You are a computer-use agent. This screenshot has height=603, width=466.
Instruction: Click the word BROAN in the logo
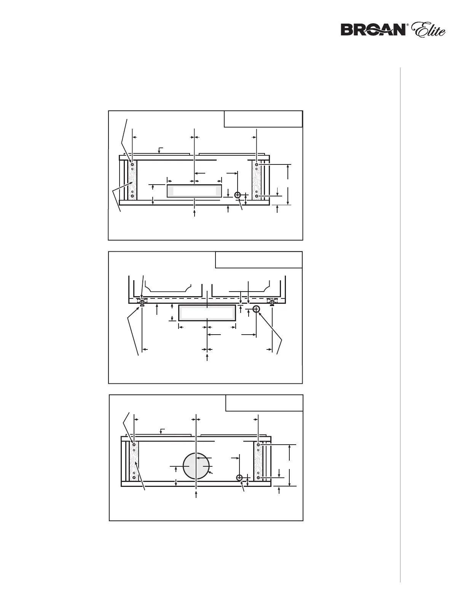click(373, 30)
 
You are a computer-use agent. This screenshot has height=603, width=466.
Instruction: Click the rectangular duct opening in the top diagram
click(194, 191)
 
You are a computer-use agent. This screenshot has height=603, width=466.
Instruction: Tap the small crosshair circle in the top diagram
click(238, 195)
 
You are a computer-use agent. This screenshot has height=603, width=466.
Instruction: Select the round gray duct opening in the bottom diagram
click(196, 466)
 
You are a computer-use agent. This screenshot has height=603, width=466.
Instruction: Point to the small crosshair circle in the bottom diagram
click(239, 478)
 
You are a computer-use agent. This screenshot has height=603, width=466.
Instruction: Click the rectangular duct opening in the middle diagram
click(207, 313)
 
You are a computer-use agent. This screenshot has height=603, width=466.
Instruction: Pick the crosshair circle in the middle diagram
click(256, 309)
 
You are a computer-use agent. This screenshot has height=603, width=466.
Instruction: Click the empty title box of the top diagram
click(263, 119)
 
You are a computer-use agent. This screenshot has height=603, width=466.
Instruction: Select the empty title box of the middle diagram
click(259, 260)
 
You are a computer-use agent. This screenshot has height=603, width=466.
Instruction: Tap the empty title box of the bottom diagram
click(264, 403)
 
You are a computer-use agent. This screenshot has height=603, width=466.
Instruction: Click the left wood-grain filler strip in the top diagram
click(132, 180)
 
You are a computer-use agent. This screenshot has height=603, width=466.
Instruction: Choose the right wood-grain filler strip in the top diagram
click(257, 180)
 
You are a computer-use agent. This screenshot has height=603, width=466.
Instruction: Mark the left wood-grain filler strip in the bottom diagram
click(134, 461)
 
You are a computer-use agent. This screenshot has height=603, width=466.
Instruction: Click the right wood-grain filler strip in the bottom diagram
click(259, 461)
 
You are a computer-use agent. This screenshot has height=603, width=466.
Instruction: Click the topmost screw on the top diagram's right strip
click(257, 164)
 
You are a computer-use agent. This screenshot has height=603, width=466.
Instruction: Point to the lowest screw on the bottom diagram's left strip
click(134, 477)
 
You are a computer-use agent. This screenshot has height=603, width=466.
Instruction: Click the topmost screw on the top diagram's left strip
click(132, 164)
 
